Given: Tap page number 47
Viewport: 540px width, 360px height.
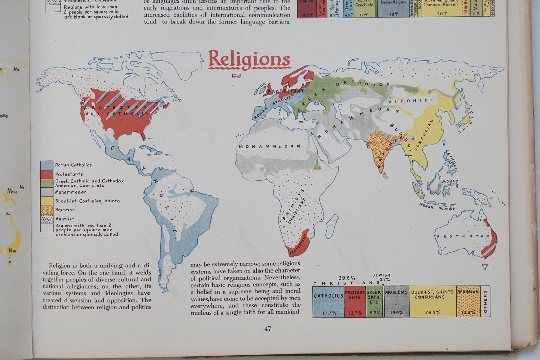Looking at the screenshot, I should (x=268, y=328).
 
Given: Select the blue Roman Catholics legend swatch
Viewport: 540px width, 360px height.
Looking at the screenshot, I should (x=47, y=165).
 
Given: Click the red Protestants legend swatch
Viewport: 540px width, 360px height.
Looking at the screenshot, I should (x=47, y=174).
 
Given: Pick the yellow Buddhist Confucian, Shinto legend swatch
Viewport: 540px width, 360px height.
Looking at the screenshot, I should (x=47, y=201).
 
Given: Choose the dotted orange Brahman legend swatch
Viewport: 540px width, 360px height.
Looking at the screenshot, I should (x=47, y=210).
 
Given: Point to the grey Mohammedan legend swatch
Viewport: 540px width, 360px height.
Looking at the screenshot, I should (x=47, y=192).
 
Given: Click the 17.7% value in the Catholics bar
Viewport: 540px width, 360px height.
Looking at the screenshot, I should (x=329, y=313).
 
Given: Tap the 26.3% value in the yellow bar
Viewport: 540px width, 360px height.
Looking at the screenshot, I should (x=433, y=313).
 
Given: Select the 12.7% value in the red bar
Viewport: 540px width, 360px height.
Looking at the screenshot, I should (x=355, y=313).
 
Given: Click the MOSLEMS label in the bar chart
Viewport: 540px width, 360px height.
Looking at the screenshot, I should (x=397, y=292).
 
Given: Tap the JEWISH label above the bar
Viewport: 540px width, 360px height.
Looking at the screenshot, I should (x=381, y=275).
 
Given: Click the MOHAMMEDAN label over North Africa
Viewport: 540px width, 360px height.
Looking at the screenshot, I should (x=270, y=146).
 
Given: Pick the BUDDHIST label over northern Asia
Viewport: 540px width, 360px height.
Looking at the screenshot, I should (x=410, y=101).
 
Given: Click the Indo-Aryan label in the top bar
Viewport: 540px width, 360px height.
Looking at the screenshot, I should (x=393, y=2).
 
